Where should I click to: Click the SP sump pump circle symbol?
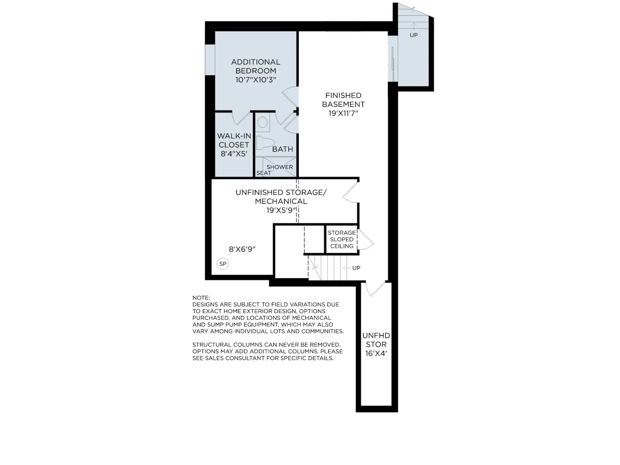[x=222, y=264]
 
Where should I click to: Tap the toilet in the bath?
[x=265, y=143]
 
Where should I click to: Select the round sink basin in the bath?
[x=262, y=122]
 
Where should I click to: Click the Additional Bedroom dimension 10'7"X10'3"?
[x=256, y=80]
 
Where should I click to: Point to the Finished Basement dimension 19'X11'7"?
[x=343, y=113]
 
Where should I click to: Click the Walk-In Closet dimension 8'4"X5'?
[x=234, y=154]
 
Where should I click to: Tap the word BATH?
[x=282, y=149]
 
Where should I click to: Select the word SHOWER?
[x=280, y=167]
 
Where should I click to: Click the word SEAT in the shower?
[x=263, y=173]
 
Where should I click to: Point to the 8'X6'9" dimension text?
[x=242, y=249]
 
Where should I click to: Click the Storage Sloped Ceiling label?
[x=342, y=239]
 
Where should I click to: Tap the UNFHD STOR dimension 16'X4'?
[x=376, y=353]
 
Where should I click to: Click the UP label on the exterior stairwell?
[x=413, y=35]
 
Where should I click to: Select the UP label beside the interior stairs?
[x=356, y=268]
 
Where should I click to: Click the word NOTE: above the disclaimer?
[x=201, y=298]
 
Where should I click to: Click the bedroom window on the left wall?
[x=210, y=60]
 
